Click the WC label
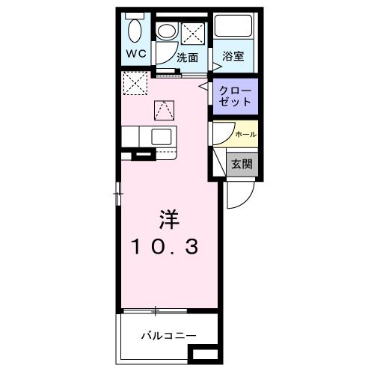[135, 54]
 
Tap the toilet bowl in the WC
[135, 31]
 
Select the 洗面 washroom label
[187, 57]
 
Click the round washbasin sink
[166, 31]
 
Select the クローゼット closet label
[236, 95]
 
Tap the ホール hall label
[245, 133]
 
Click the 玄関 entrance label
[240, 163]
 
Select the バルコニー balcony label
[169, 334]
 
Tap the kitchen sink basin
[162, 136]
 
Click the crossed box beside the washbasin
[193, 32]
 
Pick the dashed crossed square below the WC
[135, 84]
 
